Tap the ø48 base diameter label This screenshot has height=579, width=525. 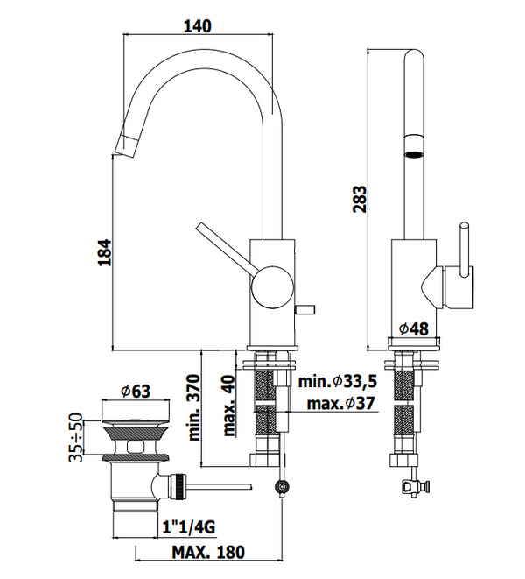[x=413, y=328]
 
